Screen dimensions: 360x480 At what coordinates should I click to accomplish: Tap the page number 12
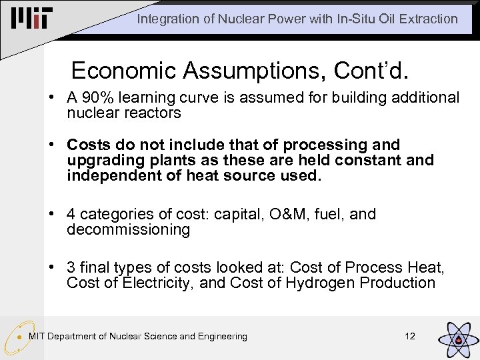tap(410, 336)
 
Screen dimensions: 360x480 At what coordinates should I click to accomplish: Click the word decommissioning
tap(128, 230)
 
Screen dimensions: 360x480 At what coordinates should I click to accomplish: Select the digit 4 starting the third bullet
tap(71, 214)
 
